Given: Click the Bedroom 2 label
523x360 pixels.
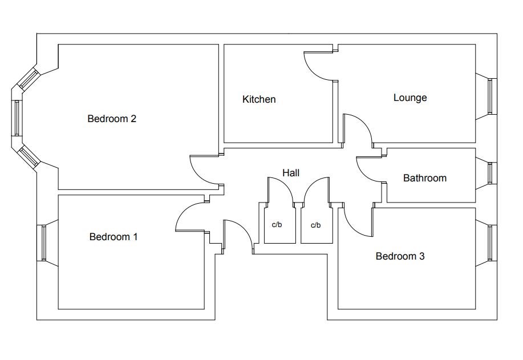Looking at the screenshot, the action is pyautogui.click(x=112, y=119).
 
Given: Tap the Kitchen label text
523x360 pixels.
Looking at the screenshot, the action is pyautogui.click(x=259, y=99).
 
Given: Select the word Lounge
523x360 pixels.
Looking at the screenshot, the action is pyautogui.click(x=410, y=98).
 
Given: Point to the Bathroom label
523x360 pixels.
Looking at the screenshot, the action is pyautogui.click(x=424, y=178).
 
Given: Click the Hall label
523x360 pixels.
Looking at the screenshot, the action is pyautogui.click(x=291, y=173).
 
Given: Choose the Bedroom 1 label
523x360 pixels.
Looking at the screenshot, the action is pyautogui.click(x=113, y=237).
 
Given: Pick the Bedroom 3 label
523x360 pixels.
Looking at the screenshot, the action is pyautogui.click(x=400, y=256).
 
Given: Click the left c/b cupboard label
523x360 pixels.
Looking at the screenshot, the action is pyautogui.click(x=277, y=225).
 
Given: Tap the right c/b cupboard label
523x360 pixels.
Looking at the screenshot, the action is pyautogui.click(x=315, y=225).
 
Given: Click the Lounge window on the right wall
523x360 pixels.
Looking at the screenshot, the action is pyautogui.click(x=490, y=96).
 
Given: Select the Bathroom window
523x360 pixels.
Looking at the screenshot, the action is pyautogui.click(x=490, y=173).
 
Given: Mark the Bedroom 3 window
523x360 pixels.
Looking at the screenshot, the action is pyautogui.click(x=490, y=243).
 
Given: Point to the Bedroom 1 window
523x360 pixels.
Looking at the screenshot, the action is pyautogui.click(x=44, y=243).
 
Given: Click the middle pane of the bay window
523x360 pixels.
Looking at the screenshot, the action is pyautogui.click(x=17, y=118).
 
